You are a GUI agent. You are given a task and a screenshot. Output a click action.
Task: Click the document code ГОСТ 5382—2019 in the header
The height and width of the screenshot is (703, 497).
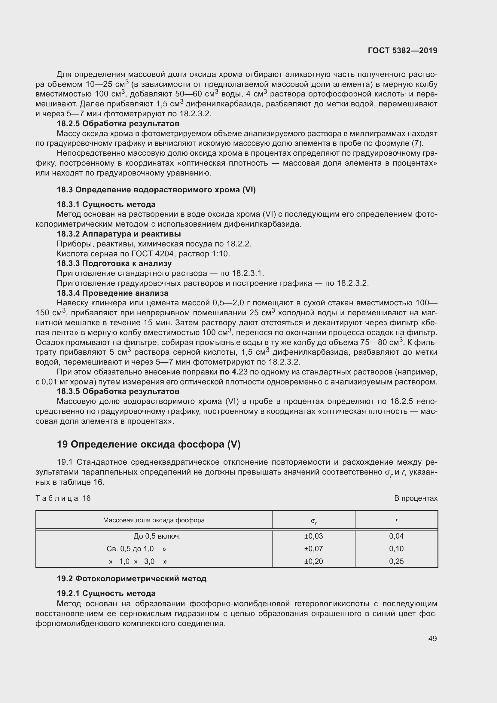(402, 50)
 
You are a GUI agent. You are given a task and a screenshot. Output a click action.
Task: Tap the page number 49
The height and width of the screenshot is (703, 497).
(432, 638)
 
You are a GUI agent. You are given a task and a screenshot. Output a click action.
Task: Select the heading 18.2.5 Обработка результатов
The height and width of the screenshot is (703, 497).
(118, 124)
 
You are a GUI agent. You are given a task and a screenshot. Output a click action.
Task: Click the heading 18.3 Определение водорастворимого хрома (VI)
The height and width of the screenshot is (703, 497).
(156, 190)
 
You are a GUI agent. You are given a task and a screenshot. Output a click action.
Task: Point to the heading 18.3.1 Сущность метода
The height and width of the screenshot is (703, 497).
(106, 204)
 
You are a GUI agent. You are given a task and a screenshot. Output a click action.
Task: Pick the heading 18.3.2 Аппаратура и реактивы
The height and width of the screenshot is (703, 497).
(119, 234)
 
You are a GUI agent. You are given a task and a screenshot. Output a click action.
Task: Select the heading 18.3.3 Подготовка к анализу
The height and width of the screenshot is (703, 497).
(114, 263)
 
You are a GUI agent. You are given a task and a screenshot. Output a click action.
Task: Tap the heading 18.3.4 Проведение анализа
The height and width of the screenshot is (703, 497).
(112, 293)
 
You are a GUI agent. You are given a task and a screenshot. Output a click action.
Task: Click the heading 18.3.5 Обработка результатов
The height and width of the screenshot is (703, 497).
(118, 391)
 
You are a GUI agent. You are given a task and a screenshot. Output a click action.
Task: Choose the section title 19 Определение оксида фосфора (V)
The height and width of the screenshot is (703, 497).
(149, 444)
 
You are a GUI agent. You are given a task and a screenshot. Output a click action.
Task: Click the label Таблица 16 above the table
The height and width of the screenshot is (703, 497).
(63, 498)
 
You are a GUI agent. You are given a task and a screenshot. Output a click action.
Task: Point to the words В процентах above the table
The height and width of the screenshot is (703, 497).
(416, 498)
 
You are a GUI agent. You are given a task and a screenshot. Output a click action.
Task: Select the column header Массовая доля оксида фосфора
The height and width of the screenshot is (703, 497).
(154, 520)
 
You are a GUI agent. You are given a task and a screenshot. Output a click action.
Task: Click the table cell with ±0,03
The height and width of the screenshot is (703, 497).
(313, 536)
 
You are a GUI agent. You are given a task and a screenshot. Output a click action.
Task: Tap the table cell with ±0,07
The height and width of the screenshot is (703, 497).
(313, 549)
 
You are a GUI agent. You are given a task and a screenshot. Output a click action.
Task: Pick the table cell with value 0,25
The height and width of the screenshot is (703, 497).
(396, 561)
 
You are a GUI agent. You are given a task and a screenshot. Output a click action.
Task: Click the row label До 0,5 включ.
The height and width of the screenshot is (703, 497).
(157, 536)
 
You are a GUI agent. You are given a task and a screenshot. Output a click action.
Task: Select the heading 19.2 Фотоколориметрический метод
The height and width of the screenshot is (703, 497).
(132, 579)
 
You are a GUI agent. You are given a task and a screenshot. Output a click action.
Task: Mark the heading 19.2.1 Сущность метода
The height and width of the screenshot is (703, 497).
(106, 593)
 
